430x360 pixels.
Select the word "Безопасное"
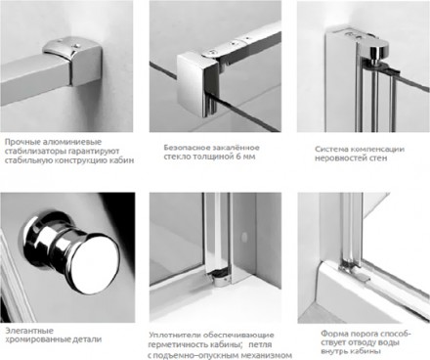(x=185, y=148)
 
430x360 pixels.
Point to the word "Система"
(x=330, y=150)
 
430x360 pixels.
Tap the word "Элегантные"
(x=29, y=331)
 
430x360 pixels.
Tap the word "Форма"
(x=332, y=334)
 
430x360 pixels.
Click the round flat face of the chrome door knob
(x=95, y=259)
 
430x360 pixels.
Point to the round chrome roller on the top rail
(x=377, y=50)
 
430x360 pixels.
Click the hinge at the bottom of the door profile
(x=220, y=279)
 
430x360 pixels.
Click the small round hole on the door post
(x=243, y=238)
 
